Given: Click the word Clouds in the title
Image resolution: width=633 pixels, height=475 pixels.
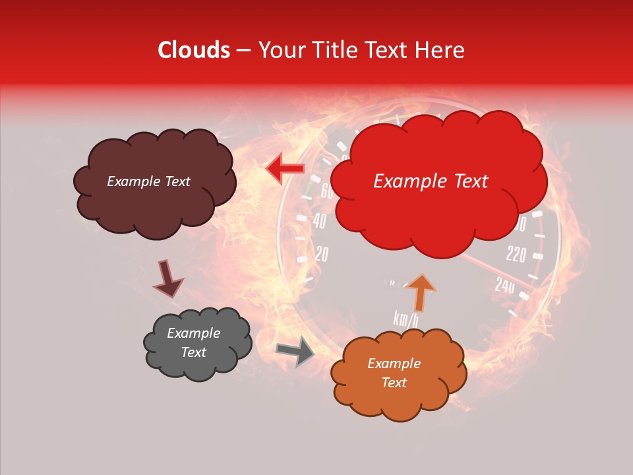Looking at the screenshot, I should click(193, 50).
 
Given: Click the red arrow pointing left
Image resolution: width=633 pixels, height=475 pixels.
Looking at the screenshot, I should click(284, 170).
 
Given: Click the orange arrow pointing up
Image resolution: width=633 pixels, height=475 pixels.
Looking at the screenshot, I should click(420, 292).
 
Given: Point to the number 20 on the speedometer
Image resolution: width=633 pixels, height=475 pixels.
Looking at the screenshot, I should click(321, 255).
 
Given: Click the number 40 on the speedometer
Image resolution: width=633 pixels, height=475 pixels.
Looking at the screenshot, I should click(319, 221).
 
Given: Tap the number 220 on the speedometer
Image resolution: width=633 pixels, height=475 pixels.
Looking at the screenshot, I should click(516, 254).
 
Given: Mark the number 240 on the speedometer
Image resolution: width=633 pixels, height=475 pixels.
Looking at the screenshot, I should click(504, 285).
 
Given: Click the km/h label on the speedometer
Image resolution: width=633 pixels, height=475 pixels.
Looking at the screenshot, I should click(406, 319).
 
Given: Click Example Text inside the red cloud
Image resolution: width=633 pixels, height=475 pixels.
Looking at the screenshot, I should click(431, 181).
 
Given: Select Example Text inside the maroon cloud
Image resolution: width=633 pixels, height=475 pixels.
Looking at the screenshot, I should click(148, 181).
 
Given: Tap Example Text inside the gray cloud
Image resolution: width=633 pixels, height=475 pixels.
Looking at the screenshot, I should click(193, 342).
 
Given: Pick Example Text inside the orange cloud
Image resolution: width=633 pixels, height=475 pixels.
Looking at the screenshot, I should click(394, 373).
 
